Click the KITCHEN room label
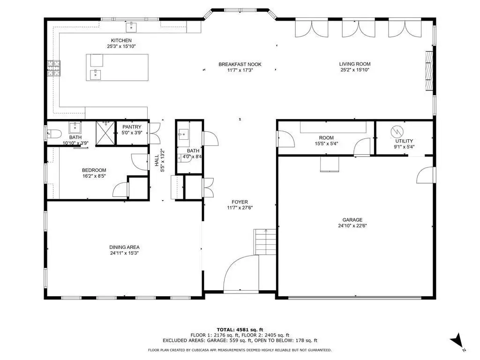point(121,40)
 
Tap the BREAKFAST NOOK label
point(240,64)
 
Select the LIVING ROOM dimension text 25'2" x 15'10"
point(355,70)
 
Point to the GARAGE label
point(352,220)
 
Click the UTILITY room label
point(404,141)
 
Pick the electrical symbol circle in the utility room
point(397,132)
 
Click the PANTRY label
point(132,127)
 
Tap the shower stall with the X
point(105,133)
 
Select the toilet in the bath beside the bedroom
point(54,134)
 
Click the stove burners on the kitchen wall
point(53,68)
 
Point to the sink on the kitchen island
point(96,75)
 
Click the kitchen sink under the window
point(131,27)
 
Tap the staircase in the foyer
point(265,242)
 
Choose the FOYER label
point(240,202)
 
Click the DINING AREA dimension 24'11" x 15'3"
point(124,253)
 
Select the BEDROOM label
point(94,170)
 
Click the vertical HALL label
point(157,160)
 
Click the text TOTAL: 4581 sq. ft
point(240,330)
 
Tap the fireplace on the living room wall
point(430,71)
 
